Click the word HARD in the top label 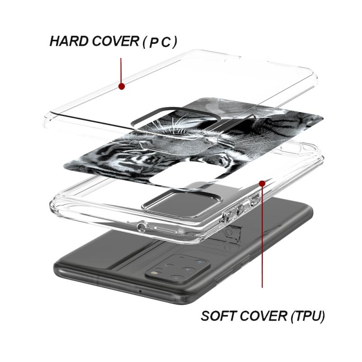69,41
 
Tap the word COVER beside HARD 115,41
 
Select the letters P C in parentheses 160,42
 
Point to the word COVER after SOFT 263,316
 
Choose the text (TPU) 308,316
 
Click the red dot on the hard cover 121,86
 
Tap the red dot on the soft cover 262,184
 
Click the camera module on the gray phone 177,269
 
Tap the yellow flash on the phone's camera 153,273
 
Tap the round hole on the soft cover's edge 142,228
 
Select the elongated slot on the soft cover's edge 165,230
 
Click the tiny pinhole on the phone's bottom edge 140,291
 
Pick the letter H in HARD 54,41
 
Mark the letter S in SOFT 205,316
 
